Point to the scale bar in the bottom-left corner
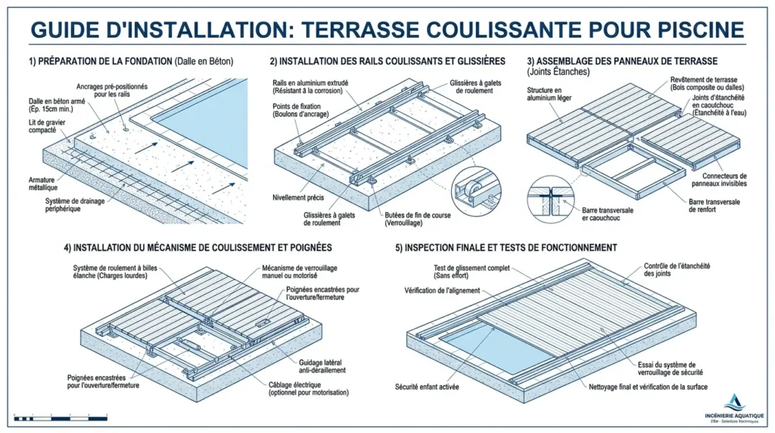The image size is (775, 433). [x=61, y=418]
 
